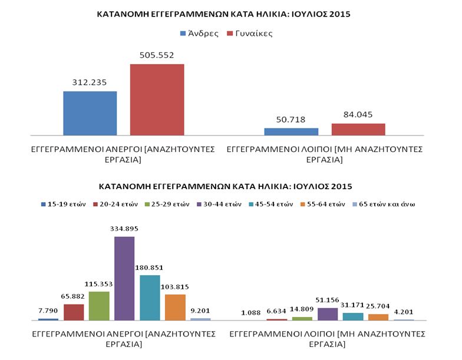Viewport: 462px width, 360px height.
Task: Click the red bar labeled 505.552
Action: [157, 100]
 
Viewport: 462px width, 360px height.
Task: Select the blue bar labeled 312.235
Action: [90, 114]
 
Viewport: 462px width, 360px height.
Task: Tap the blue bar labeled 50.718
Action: [291, 132]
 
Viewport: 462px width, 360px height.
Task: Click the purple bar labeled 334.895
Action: [124, 278]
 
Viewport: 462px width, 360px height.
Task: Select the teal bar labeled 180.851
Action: [150, 298]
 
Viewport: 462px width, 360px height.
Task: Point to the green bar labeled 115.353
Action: [99, 306]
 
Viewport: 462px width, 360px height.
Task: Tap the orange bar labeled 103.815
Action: [175, 307]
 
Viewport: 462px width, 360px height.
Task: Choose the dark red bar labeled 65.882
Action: [74, 312]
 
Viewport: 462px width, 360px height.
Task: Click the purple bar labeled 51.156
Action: [327, 314]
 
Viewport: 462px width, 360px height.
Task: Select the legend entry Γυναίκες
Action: [250, 34]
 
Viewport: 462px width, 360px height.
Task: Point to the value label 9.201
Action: [200, 311]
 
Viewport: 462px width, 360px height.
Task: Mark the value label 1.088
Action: [252, 313]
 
